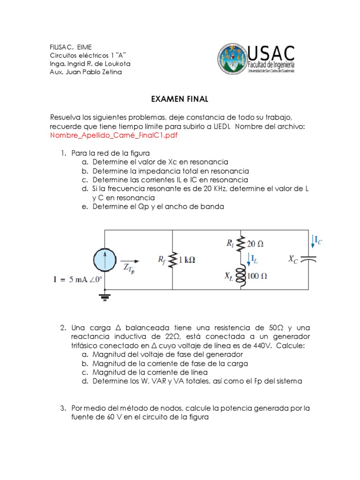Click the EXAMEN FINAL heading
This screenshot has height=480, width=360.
[x=180, y=99]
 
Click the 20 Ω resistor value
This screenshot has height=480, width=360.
[x=255, y=244]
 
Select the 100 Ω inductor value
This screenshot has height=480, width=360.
[x=257, y=276]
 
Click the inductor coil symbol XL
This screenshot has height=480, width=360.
[x=241, y=276]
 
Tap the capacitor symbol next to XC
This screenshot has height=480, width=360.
[x=308, y=259]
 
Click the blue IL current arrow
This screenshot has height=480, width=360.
[x=248, y=259]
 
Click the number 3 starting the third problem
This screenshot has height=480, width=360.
[x=62, y=408]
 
